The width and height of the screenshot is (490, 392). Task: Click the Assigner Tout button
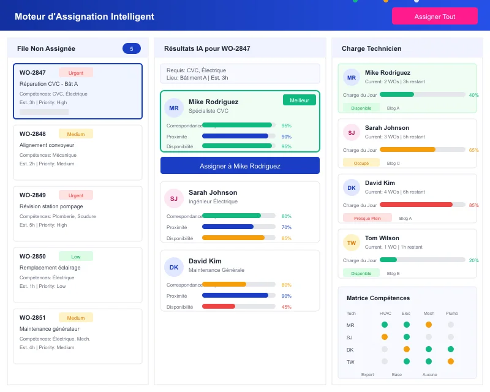[x=435, y=17]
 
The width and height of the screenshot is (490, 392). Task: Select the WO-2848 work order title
[x=32, y=134]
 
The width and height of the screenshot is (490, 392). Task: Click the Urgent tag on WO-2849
[x=76, y=195]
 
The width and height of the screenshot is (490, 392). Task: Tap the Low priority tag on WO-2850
[x=76, y=256]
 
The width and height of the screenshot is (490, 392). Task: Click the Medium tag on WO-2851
[x=76, y=317]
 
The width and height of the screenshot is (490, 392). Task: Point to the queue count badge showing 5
[x=132, y=48]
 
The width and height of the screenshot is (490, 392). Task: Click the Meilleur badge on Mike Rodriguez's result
[x=300, y=100]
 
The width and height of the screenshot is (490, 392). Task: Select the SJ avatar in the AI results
[x=174, y=198]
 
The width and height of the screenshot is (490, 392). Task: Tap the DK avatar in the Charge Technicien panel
[x=352, y=188]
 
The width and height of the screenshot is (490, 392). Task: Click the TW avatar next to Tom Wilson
[x=352, y=243]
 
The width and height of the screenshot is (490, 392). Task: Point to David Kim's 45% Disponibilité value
[x=286, y=307]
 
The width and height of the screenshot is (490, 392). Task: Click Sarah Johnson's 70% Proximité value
[x=286, y=227]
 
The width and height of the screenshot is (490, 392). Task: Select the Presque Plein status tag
[x=367, y=218]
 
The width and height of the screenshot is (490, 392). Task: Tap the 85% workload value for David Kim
[x=473, y=205]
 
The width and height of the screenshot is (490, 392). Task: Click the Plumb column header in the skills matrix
[x=451, y=313]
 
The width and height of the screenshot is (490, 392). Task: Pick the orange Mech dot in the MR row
[x=429, y=325]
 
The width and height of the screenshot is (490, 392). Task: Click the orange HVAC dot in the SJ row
[x=385, y=337]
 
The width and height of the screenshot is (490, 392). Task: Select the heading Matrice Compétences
[x=378, y=298]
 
